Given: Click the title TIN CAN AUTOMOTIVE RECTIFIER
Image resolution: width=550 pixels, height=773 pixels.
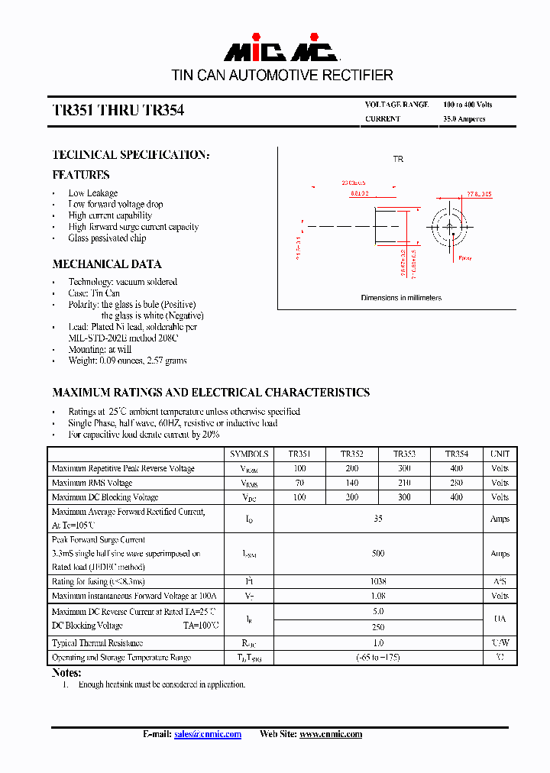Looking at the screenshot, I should coord(282,76).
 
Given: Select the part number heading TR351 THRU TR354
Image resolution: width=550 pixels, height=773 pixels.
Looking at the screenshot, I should coord(118,111).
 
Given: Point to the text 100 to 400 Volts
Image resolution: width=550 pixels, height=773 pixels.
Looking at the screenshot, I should coord(467,105).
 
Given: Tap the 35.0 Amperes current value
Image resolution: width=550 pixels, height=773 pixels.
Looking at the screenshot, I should coord(464,119).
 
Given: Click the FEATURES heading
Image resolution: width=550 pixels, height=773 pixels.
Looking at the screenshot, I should coord(80,175).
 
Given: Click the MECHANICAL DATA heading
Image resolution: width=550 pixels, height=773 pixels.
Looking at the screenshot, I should coord(106,264).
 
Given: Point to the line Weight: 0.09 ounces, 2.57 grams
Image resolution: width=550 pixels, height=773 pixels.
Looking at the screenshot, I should coord(127,361).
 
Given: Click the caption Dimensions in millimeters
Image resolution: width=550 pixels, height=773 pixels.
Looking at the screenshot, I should coord(400,298).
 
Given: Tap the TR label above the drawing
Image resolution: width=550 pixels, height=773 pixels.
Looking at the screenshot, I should coord(397,159).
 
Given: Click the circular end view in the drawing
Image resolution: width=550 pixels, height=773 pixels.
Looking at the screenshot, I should coord(449,226).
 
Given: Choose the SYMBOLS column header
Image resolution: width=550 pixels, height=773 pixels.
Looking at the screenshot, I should coord(249,454).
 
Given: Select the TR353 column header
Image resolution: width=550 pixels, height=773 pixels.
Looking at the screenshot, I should coord(404,454).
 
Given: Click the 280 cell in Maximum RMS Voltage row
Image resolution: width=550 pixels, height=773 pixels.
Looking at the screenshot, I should coord(456,483).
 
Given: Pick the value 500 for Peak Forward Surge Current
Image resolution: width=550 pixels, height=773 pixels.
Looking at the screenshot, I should coord(378,554).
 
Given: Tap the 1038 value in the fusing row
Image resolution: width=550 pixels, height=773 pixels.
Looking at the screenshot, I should coord(378,581).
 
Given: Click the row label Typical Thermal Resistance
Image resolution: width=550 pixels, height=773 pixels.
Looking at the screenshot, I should coord(97,643).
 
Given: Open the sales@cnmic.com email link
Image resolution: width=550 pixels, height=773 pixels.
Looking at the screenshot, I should coord(207,734).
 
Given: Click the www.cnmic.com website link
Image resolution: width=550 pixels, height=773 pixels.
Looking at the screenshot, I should coord(330,734).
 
